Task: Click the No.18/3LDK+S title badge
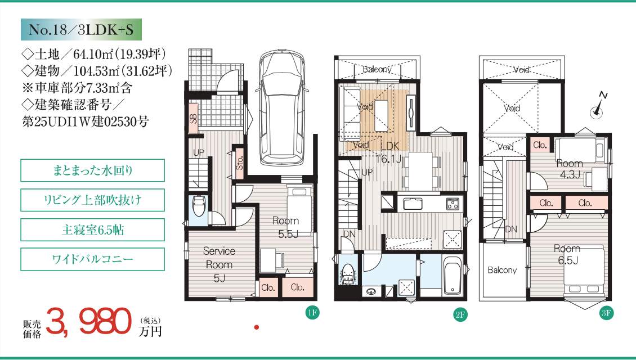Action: [x=81, y=29]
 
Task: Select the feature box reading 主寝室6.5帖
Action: [x=92, y=230]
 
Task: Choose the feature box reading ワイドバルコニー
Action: [x=92, y=259]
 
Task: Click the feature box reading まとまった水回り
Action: [x=92, y=170]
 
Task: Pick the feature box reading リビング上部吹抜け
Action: [x=92, y=200]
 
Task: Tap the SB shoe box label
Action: [x=194, y=118]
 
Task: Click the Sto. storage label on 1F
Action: [x=239, y=162]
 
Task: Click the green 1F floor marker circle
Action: [x=312, y=313]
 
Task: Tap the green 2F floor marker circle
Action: [x=460, y=314]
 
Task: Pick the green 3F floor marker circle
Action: [x=606, y=313]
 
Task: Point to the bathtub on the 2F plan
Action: [x=452, y=276]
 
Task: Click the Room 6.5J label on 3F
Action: [x=567, y=255]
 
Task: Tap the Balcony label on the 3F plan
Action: [x=502, y=270]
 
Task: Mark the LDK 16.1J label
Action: [x=388, y=152]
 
